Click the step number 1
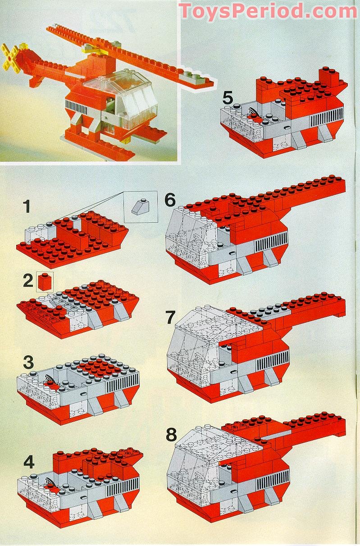pos(27,207)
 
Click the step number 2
pos(28,281)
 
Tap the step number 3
pos(28,362)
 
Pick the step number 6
pos(170,200)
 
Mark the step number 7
pos(170,317)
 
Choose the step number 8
pos(171,435)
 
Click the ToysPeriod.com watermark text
pos(268,11)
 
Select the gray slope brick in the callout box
pos(141,206)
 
